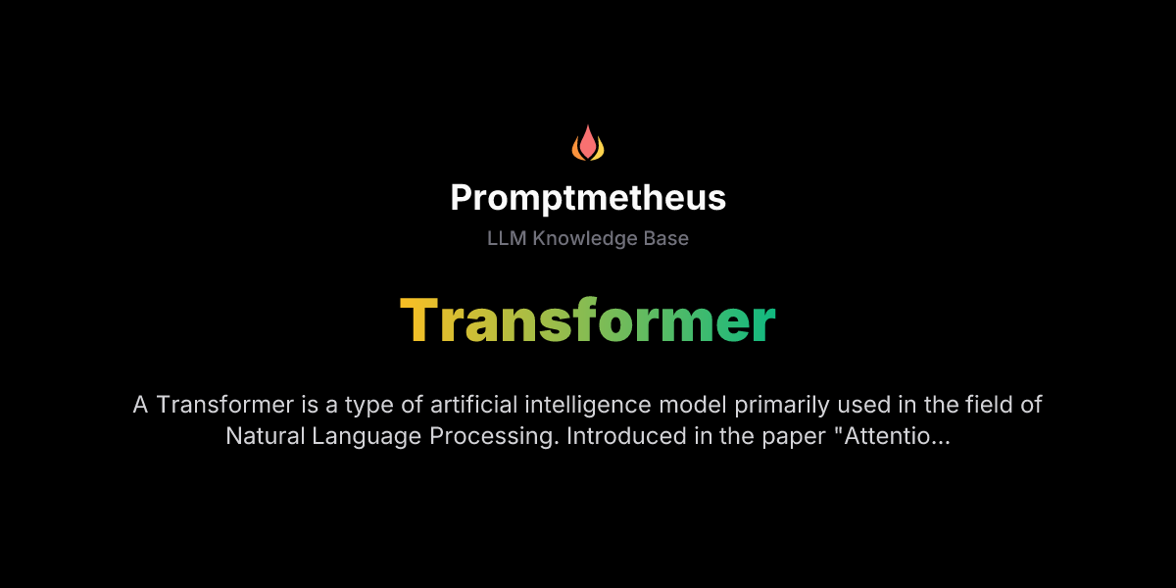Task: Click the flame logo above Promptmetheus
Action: point(588,144)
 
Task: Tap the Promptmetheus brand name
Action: point(588,198)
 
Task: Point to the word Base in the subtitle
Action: point(665,238)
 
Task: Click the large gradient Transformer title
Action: point(588,319)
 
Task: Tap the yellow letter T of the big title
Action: point(419,319)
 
